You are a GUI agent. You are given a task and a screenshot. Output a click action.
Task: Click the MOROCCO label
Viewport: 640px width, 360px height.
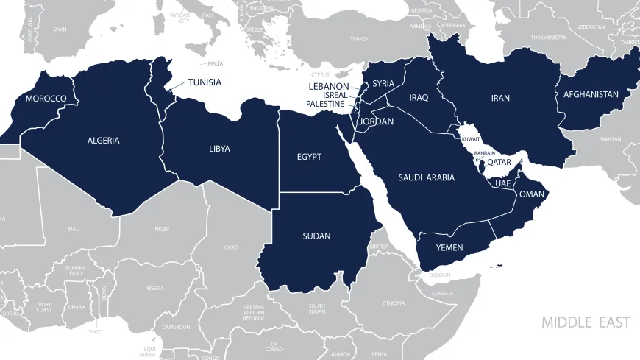coord(46,99)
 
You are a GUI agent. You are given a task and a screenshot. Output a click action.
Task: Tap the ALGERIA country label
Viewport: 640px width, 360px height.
coord(103,141)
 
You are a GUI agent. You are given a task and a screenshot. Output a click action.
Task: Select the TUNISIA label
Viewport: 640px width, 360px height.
coord(205,82)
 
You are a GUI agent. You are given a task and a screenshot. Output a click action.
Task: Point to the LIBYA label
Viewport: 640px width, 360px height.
coord(219,149)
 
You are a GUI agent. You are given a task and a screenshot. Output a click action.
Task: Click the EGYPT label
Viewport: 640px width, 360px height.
coord(309,157)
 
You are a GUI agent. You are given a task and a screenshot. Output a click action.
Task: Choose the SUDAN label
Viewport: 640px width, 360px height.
coord(316,236)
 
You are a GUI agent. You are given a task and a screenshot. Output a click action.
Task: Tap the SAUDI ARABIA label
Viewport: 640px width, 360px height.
coord(427,177)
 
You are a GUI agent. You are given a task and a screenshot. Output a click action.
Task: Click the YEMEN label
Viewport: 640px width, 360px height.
coord(449,248)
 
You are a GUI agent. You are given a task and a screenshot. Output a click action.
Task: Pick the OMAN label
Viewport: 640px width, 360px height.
coord(531,194)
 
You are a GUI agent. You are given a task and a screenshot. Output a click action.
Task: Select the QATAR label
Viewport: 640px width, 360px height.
coord(499,163)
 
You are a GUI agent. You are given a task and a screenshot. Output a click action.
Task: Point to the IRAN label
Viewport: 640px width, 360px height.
coord(500,98)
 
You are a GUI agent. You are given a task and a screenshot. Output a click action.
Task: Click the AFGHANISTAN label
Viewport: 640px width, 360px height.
coord(591,94)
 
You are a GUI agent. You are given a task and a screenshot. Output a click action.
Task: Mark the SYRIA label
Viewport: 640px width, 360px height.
coord(383,83)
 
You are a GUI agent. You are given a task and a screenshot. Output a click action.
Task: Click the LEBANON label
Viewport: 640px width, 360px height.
coord(329,87)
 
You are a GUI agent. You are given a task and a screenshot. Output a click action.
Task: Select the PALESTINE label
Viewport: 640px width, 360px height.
coord(325,104)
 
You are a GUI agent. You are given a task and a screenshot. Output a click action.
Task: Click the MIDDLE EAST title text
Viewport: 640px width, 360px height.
coord(586,322)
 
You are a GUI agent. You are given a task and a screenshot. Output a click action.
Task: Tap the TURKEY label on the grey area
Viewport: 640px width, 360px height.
coord(359,38)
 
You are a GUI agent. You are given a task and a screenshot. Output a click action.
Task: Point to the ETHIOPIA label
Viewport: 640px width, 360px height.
coord(394,303)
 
